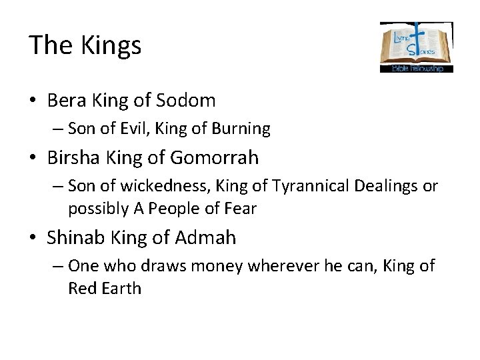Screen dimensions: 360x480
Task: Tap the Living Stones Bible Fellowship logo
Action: click(416, 47)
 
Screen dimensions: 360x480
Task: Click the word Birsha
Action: click(71, 158)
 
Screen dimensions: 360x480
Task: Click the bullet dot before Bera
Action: click(33, 101)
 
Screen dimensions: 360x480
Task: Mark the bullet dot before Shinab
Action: click(33, 237)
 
